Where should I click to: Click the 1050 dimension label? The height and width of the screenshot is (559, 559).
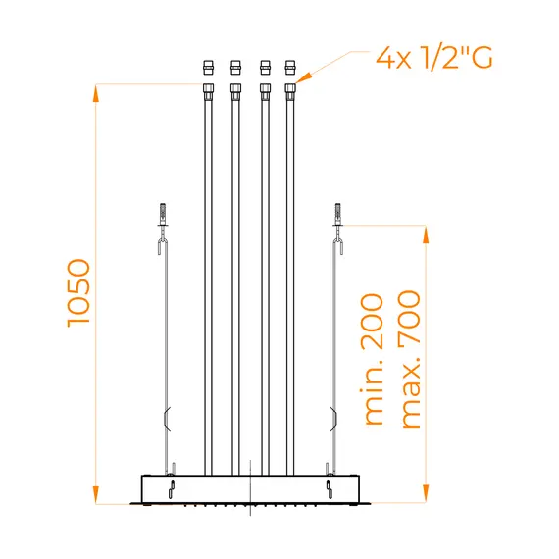78,292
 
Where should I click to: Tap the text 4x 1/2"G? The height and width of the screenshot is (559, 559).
434,57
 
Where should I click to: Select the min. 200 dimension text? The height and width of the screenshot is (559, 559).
373,359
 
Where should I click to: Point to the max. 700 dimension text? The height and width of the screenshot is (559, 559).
410,359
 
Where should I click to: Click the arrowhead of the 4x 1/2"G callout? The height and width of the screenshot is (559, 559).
303,77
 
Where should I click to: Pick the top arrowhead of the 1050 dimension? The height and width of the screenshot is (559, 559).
95,93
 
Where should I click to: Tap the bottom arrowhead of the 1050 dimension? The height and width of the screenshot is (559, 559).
95,495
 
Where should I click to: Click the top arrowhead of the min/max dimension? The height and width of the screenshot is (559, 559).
426,234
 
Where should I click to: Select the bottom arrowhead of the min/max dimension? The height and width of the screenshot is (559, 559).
426,493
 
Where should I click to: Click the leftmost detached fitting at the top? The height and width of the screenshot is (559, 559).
209,68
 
